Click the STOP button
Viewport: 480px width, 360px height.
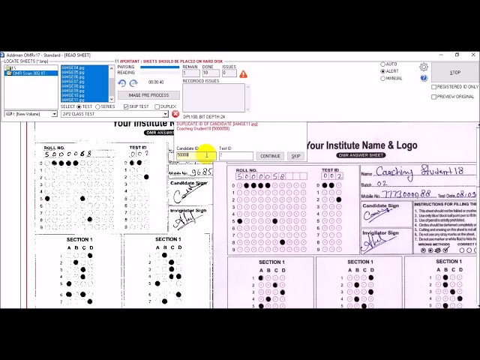coord(454,73)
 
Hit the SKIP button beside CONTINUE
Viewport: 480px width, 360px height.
coord(295,156)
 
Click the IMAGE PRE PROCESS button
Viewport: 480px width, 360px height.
coord(148,95)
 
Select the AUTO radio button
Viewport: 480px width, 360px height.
coord(383,64)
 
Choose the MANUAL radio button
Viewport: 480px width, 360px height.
coord(383,78)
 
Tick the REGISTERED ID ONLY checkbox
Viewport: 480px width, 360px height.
coord(433,87)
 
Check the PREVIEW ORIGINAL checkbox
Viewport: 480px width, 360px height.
coord(433,97)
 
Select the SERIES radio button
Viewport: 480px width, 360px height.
coord(98,106)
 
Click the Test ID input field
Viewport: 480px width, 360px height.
coord(235,156)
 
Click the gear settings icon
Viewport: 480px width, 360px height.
coord(424,67)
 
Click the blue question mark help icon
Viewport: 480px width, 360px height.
coord(424,78)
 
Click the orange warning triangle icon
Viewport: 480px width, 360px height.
coord(243,74)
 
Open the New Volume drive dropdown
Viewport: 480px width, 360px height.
coord(30,114)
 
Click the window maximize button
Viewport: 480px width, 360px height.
coord(457,55)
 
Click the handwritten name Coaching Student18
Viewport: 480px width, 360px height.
coord(419,172)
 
